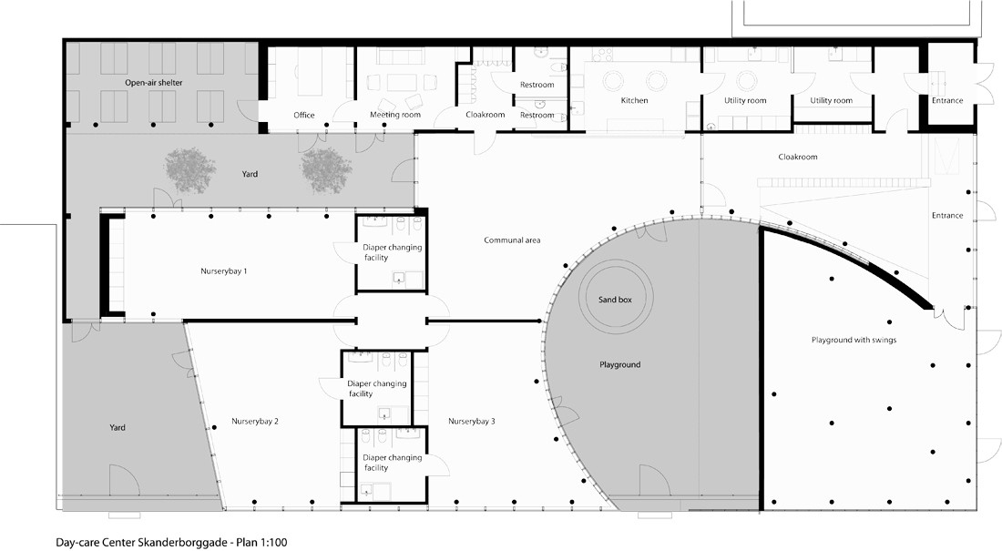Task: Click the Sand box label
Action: click(615, 299)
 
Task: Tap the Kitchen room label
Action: click(634, 100)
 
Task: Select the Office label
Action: click(304, 115)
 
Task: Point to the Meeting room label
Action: click(395, 115)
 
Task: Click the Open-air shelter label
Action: click(153, 83)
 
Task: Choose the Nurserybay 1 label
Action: click(224, 271)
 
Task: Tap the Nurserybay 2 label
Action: click(254, 422)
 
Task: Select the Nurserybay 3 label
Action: click(471, 422)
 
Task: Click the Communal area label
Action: click(512, 240)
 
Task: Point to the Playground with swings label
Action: click(854, 340)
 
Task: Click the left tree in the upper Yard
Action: click(189, 170)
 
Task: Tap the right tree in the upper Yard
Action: click(326, 170)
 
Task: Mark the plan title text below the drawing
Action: click(171, 543)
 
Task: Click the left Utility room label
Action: click(745, 100)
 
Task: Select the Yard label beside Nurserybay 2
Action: click(117, 428)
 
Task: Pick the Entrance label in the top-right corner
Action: click(947, 100)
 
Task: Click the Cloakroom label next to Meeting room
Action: click(485, 115)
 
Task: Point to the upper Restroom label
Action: click(537, 85)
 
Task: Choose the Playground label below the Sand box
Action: click(619, 365)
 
